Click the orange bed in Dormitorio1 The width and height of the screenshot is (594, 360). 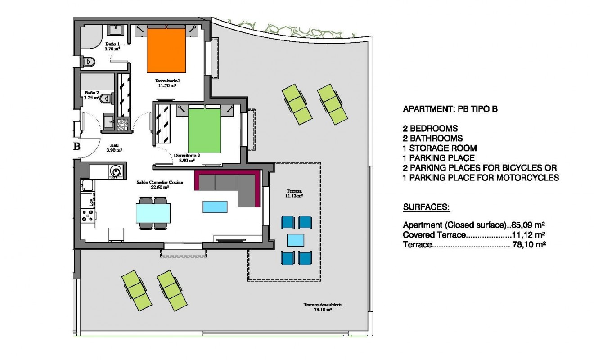pyautogui.click(x=166, y=51)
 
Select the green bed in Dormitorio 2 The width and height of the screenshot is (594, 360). pyautogui.click(x=205, y=131)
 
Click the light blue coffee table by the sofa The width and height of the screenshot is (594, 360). pyautogui.click(x=215, y=207)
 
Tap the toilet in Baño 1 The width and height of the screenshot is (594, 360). pyautogui.click(x=88, y=61)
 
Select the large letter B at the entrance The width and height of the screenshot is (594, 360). pyautogui.click(x=77, y=146)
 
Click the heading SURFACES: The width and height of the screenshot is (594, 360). pyautogui.click(x=426, y=207)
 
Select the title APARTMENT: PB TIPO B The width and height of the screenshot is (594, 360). pyautogui.click(x=450, y=109)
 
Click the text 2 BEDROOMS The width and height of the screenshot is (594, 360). pyautogui.click(x=430, y=129)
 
